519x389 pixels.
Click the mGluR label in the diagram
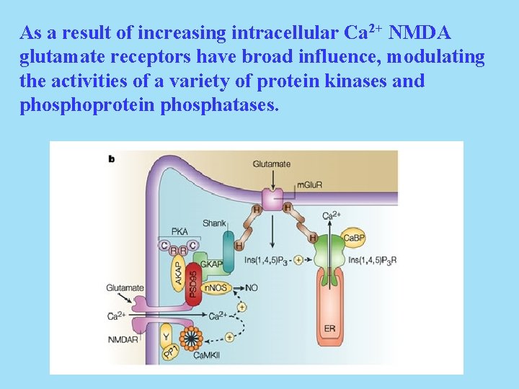(309, 185)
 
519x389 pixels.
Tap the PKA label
(179, 231)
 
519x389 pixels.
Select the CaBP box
(354, 238)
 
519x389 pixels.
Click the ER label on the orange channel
(329, 328)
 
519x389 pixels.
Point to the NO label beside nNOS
(252, 287)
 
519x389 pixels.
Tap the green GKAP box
(211, 263)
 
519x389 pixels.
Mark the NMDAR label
(122, 339)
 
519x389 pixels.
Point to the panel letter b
(112, 158)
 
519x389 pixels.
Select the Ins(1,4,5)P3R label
(372, 260)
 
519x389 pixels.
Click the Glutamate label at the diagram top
(271, 164)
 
